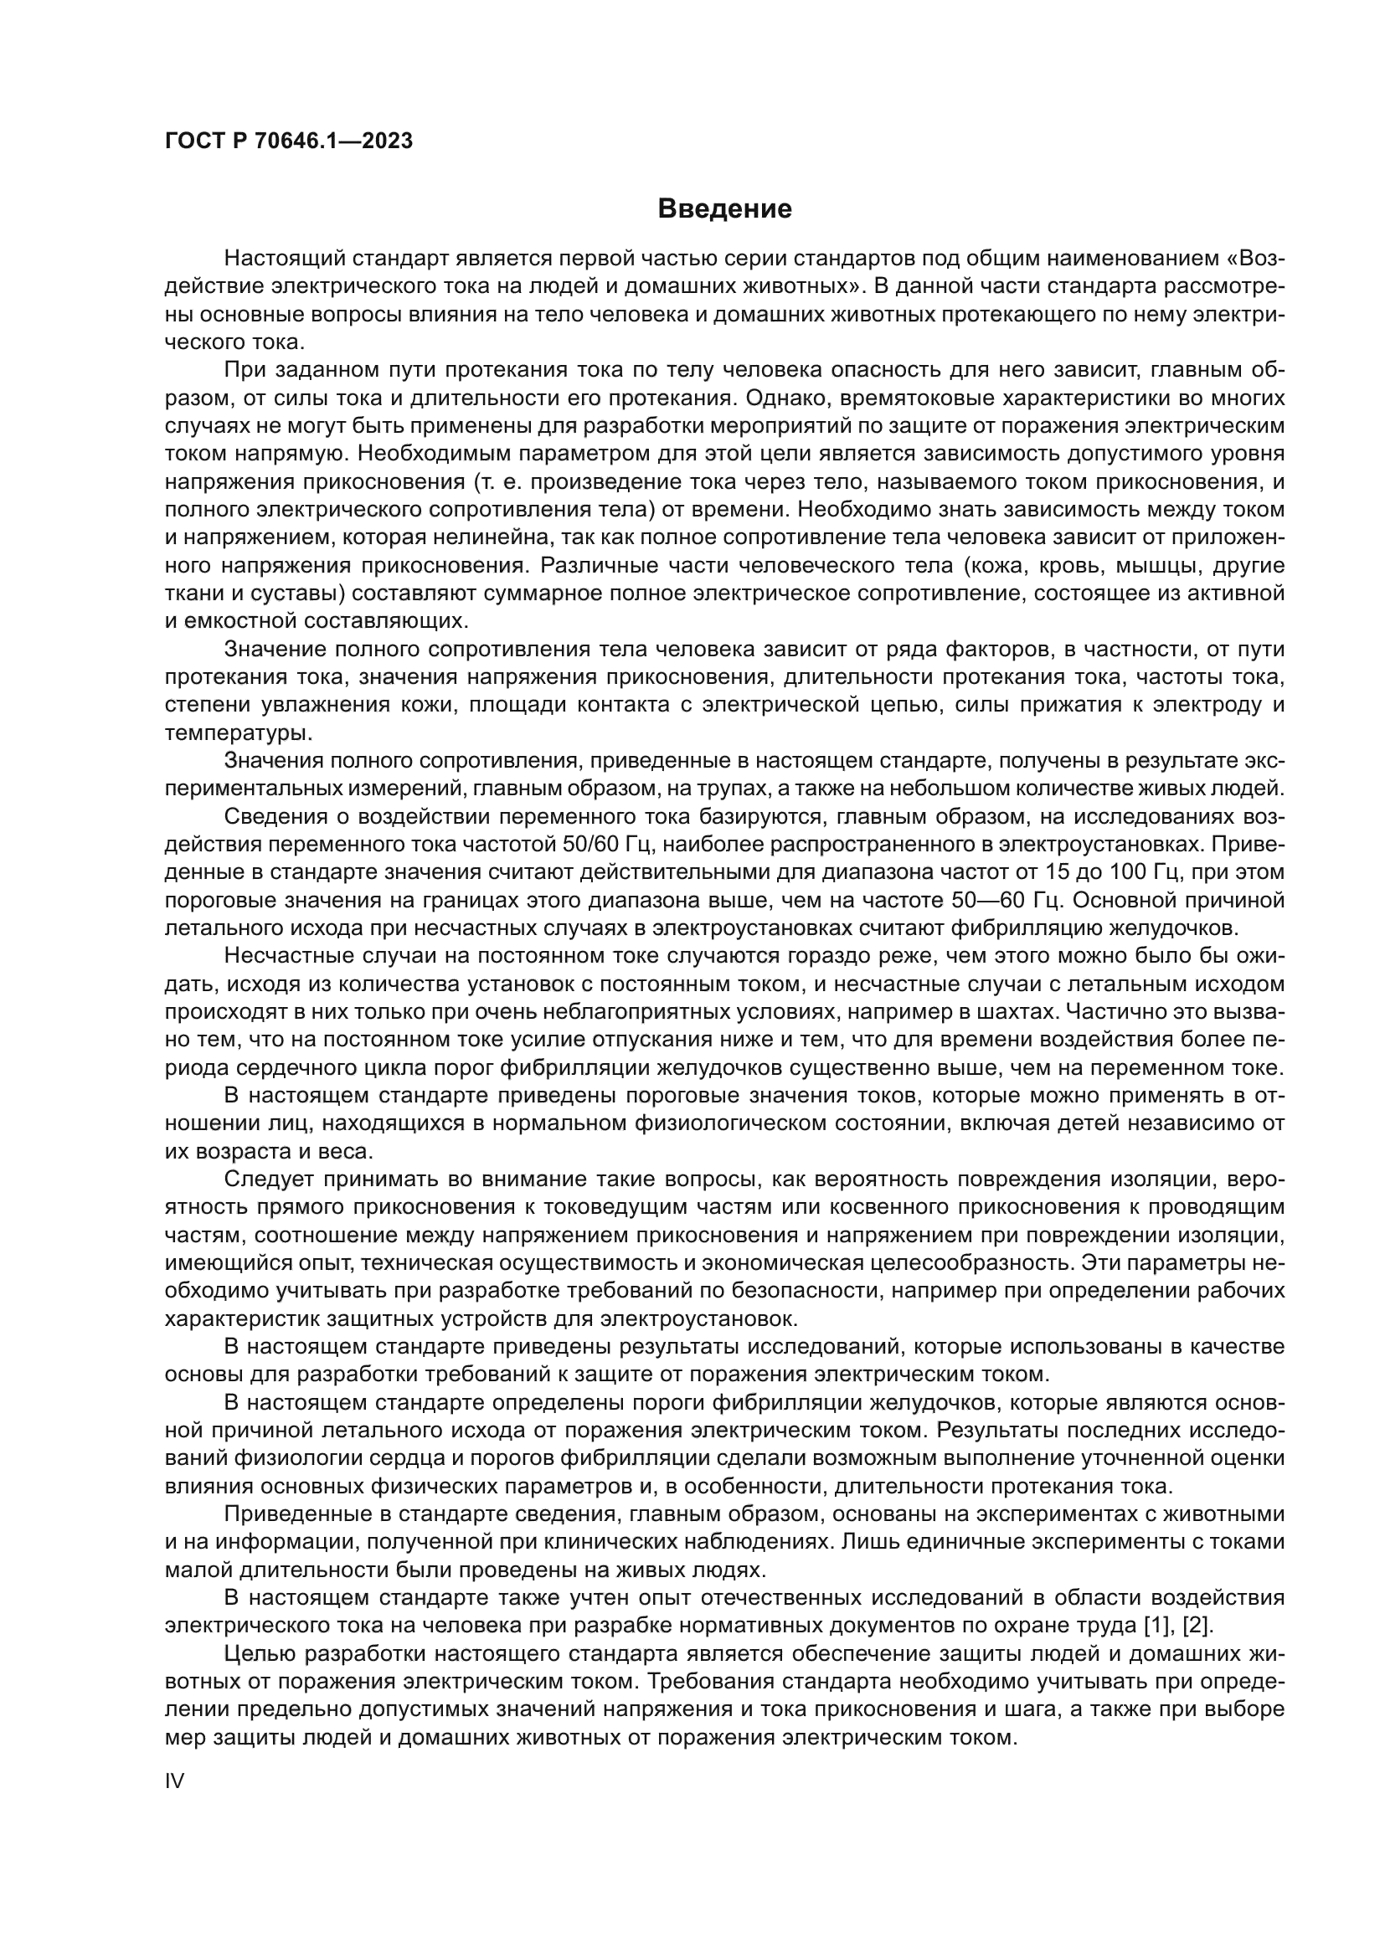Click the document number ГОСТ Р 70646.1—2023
pos(288,141)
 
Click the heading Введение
pos(725,209)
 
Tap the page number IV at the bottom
pos(174,1781)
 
